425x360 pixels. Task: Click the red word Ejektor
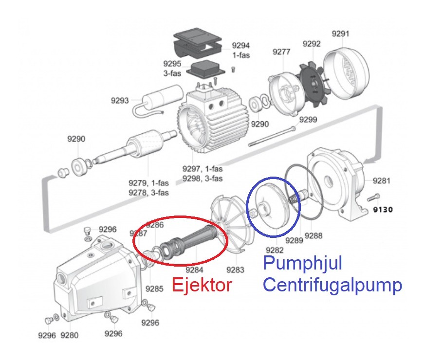[x=201, y=285]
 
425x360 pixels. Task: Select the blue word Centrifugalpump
[x=333, y=285]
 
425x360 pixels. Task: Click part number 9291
[x=340, y=34]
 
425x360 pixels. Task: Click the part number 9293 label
[x=120, y=101]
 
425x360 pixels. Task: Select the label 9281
[x=382, y=181]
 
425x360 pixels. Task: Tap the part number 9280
[x=70, y=335]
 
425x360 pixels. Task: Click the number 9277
[x=281, y=52]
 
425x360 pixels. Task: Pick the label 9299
[x=308, y=120]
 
